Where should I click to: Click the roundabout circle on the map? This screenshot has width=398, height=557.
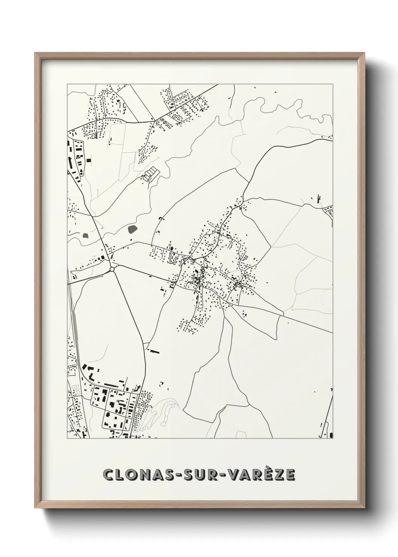click(x=112, y=269)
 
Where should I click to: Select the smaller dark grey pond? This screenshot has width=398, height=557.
click(x=85, y=236)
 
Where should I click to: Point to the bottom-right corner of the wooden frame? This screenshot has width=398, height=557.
click(x=365, y=507)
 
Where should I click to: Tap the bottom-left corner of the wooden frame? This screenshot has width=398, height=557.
click(x=35, y=507)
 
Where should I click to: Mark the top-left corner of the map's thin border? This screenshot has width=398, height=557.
click(x=67, y=84)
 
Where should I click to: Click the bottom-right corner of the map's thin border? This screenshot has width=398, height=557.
click(x=333, y=438)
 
